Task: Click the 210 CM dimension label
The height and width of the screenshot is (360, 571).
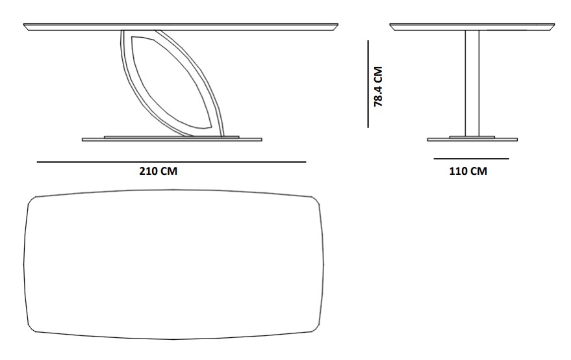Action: (158, 171)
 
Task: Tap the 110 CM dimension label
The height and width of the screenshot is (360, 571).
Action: (468, 171)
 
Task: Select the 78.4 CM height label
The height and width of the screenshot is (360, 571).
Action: (378, 86)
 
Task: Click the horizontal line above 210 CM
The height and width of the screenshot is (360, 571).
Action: (171, 161)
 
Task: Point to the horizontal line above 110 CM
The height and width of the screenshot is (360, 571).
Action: (471, 159)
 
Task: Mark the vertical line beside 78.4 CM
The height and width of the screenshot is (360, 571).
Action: (368, 84)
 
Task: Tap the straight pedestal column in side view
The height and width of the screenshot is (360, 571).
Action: (472, 83)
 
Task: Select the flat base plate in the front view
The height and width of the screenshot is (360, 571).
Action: (172, 139)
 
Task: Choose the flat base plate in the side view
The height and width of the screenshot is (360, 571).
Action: (472, 139)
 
